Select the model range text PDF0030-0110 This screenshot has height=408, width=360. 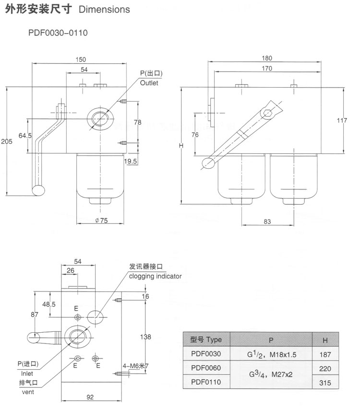[x=58, y=33]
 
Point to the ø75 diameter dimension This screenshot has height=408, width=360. [x=100, y=221]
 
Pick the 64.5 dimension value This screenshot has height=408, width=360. [x=25, y=136]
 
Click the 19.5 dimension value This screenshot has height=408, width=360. [x=131, y=161]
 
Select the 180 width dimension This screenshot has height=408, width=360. [x=267, y=58]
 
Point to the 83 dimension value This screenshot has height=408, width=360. [x=267, y=221]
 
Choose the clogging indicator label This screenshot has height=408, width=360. [x=155, y=276]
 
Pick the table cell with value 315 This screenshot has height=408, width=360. [x=325, y=383]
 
